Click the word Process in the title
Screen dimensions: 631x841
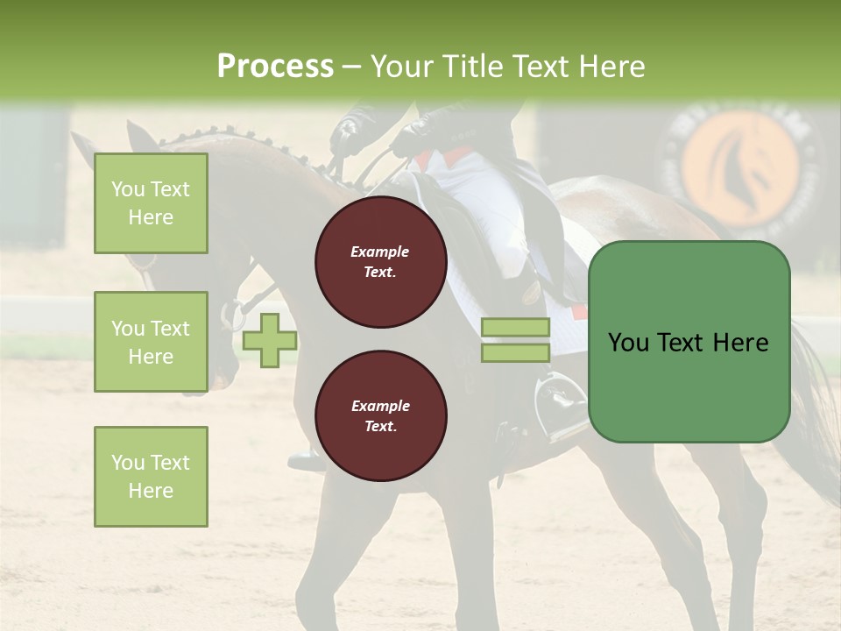click(x=275, y=67)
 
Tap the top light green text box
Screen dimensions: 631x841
click(x=151, y=203)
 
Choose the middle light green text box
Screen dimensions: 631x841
click(x=151, y=342)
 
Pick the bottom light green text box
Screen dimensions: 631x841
click(x=151, y=476)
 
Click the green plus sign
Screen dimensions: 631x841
click(x=270, y=341)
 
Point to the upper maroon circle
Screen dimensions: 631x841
click(x=381, y=262)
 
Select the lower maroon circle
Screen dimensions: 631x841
click(x=381, y=416)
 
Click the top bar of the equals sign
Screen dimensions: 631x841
click(x=515, y=327)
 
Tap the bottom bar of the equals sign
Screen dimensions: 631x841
click(x=515, y=352)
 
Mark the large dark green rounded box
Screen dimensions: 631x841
click(x=689, y=342)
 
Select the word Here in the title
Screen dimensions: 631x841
click(x=611, y=67)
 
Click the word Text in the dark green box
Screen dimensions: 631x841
click(x=689, y=342)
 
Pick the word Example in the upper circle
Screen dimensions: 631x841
click(x=380, y=252)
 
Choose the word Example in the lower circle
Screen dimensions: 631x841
click(x=380, y=406)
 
